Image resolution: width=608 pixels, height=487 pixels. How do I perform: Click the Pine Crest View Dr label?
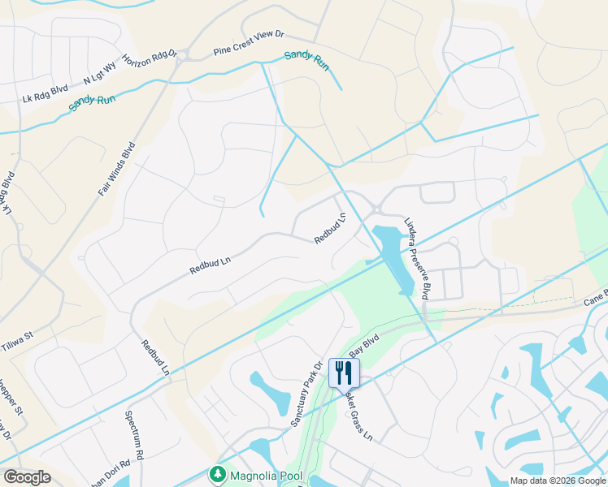(249, 43)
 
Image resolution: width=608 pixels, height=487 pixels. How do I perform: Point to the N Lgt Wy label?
(100, 76)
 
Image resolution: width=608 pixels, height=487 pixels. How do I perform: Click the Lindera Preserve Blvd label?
(415, 257)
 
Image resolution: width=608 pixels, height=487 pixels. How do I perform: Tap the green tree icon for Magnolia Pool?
(217, 473)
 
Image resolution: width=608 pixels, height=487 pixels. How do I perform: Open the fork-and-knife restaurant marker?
(344, 373)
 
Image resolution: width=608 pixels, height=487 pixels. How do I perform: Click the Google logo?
(27, 477)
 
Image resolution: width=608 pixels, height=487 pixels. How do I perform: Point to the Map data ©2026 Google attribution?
(557, 481)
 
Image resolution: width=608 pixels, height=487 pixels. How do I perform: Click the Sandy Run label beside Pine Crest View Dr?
(306, 61)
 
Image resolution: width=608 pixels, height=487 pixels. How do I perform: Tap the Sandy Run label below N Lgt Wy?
(92, 102)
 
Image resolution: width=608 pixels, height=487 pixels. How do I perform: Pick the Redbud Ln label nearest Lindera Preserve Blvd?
(331, 228)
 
